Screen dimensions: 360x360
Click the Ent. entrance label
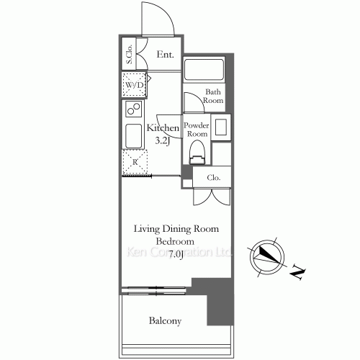coord(166,55)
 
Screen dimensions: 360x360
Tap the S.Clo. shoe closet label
coord(129,54)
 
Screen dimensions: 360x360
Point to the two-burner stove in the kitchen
coord(132,109)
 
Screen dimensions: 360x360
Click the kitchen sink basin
coord(132,135)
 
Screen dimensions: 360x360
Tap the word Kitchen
coord(163,128)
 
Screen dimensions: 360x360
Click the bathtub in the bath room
coord(205,71)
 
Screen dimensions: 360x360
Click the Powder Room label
coord(197,129)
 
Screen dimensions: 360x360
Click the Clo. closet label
coord(214,177)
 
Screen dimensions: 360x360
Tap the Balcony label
coord(165,321)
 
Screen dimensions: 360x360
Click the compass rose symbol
coord(266,256)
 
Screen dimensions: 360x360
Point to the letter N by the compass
coord(297,273)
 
